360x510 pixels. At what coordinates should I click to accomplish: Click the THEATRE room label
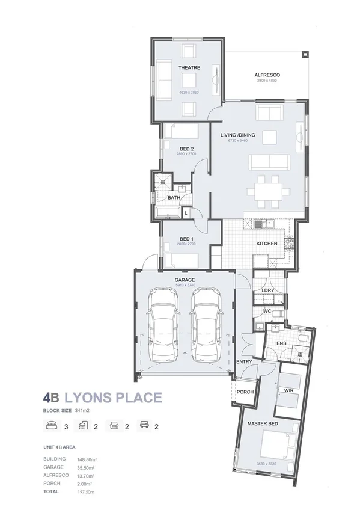189,68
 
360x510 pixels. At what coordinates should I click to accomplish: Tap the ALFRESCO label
267,75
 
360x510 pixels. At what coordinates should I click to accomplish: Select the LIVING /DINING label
237,135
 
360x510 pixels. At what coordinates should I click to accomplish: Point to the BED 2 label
186,149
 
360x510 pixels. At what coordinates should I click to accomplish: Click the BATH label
174,197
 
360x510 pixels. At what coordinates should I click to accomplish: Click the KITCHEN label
266,244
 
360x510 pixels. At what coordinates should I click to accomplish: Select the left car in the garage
164,325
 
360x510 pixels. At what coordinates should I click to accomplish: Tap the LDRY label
268,290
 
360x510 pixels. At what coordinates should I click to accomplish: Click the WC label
268,311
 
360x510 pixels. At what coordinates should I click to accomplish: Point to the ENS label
280,343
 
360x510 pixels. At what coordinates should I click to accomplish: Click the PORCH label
245,392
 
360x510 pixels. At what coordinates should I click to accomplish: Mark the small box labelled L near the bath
186,213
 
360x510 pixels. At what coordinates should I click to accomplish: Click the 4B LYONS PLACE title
102,397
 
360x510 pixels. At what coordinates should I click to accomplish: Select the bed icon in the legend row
50,426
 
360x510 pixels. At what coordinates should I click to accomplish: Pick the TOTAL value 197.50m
88,491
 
